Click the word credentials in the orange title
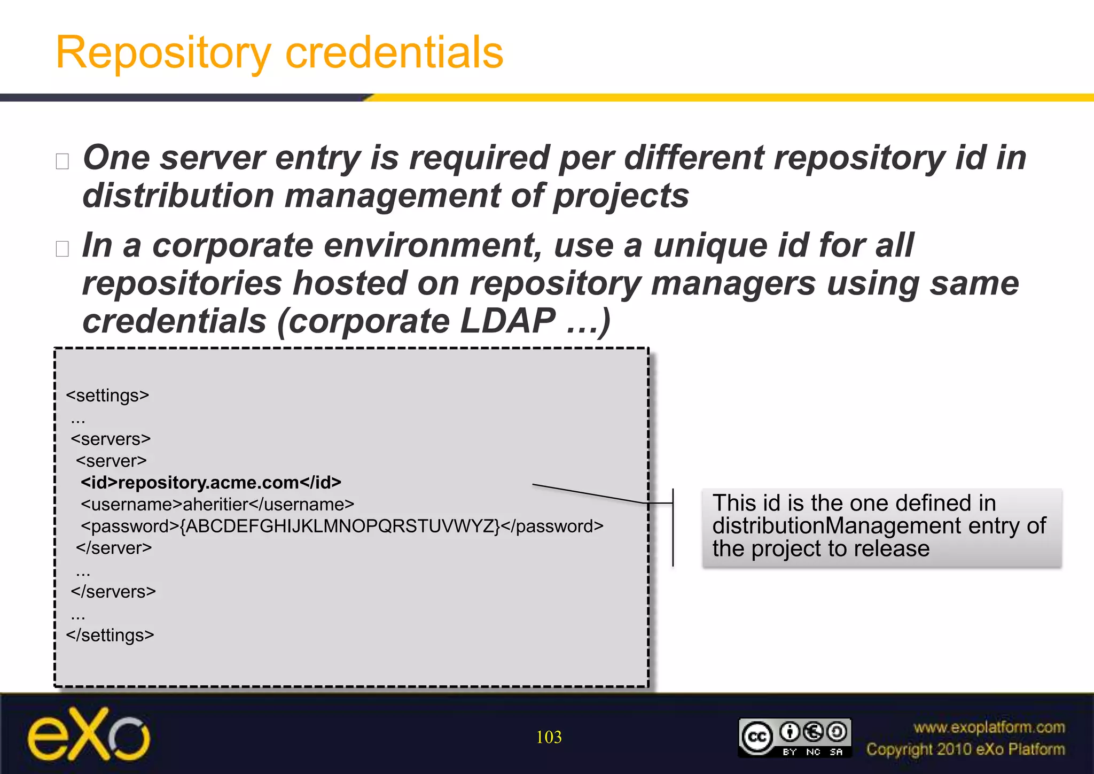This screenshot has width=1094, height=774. click(394, 52)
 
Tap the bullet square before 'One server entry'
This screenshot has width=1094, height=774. click(62, 161)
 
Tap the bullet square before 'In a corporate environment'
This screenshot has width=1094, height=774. click(62, 249)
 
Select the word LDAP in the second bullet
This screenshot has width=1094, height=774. click(507, 321)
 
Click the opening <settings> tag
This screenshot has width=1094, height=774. click(107, 396)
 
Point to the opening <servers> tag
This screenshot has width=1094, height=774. click(111, 439)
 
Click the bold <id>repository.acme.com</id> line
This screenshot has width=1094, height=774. click(211, 483)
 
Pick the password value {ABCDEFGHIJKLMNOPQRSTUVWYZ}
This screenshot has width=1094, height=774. click(340, 527)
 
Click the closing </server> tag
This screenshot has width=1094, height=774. click(114, 548)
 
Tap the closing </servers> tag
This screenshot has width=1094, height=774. click(113, 592)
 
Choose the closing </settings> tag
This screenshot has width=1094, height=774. click(110, 635)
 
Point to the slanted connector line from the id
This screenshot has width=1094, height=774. click(588, 493)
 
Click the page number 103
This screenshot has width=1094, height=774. click(549, 737)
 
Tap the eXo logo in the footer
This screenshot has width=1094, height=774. click(89, 734)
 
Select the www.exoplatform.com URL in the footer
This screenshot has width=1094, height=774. click(989, 727)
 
